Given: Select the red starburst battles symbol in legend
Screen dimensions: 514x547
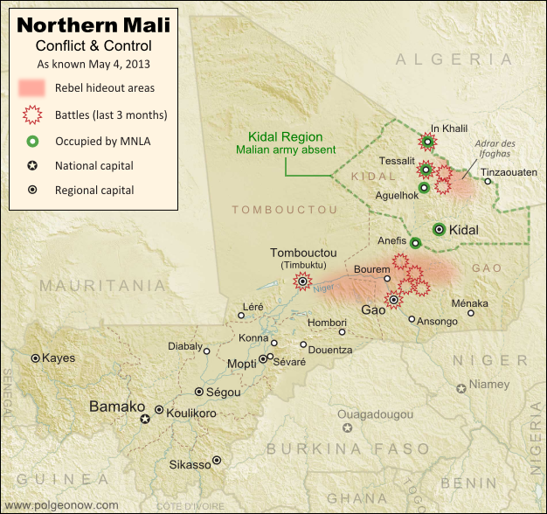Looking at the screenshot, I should [32, 115].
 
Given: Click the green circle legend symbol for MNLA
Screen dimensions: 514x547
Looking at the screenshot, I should [32, 140].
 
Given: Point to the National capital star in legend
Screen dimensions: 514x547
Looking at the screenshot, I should [32, 165].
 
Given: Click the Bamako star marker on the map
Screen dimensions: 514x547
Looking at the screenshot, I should [146, 420].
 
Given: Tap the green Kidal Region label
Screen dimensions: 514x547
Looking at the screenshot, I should [285, 137].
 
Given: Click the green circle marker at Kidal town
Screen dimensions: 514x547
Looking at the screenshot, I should [439, 229].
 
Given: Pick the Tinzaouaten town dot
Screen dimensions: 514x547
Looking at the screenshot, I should [488, 182].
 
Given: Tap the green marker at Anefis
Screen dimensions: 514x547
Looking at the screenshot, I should [415, 242].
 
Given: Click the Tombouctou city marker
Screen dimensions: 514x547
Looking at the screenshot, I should [302, 281].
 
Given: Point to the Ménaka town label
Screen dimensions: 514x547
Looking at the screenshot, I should [470, 303].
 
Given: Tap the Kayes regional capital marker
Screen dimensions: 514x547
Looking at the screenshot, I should [36, 358].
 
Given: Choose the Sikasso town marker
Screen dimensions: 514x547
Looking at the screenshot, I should [217, 460].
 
